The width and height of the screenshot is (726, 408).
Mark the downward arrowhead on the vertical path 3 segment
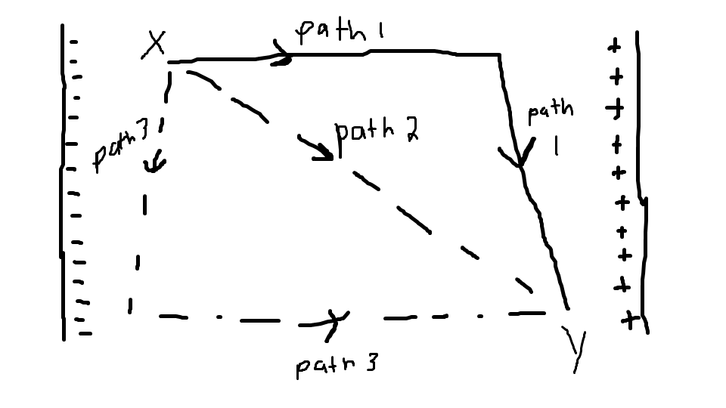(x=154, y=162)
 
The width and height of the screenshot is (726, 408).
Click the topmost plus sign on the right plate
(x=614, y=47)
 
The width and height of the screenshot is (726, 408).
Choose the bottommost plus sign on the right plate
(x=628, y=320)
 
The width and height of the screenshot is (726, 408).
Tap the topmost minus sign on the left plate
(x=73, y=43)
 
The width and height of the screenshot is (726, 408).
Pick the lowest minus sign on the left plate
(x=85, y=332)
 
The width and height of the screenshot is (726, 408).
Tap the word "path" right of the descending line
(x=550, y=113)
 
